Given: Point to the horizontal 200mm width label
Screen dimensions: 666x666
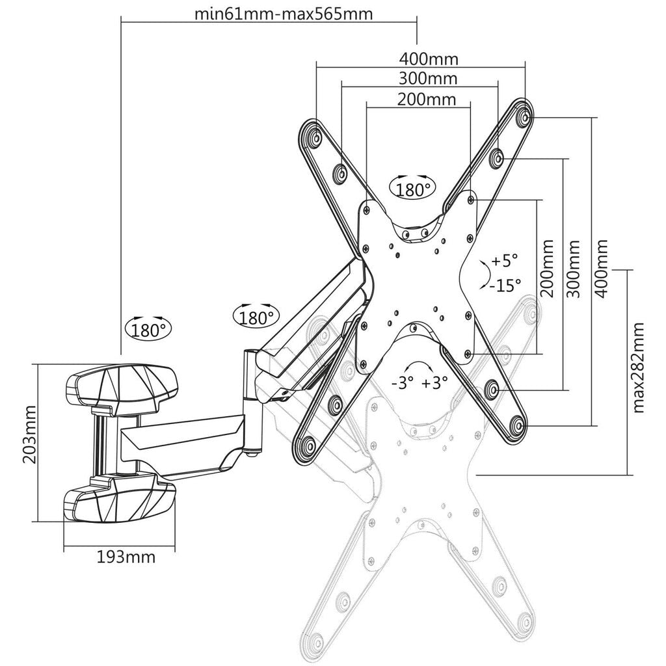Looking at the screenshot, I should tap(425, 100).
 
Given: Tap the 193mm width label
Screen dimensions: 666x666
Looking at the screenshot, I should tap(126, 557).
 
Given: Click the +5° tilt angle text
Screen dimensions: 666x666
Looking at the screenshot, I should tap(505, 261).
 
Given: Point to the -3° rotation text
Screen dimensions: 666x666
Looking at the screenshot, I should tap(402, 383).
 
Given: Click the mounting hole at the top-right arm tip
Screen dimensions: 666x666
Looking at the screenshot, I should tap(524, 118).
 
